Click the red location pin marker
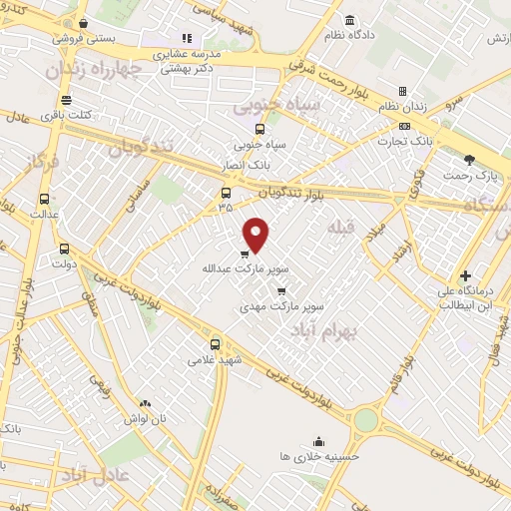pos(257,234)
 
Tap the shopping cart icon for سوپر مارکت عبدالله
pos(245,255)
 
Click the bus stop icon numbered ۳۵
pos(226,194)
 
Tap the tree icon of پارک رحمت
pos(470,160)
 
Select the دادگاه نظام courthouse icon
pos(348,21)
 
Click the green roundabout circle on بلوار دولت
pos(366,420)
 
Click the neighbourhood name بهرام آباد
pos(325,330)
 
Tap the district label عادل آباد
pos(89,471)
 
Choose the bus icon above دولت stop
pos(65,250)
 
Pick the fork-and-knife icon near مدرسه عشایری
pos(186,38)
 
